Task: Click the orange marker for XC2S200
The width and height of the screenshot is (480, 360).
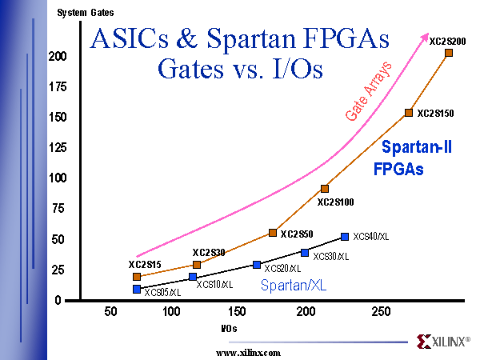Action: pyautogui.click(x=449, y=53)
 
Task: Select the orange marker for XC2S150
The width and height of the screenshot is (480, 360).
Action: pyautogui.click(x=409, y=113)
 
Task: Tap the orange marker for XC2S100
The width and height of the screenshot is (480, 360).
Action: pyautogui.click(x=325, y=189)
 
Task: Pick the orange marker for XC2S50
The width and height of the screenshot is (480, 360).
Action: pyautogui.click(x=273, y=233)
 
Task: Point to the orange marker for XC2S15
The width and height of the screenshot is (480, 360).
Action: pyautogui.click(x=137, y=277)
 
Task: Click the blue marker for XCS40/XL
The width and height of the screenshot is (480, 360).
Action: pyautogui.click(x=345, y=237)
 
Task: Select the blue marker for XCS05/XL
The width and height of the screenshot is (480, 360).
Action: pyautogui.click(x=137, y=289)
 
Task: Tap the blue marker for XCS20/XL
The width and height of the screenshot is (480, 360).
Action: pyautogui.click(x=257, y=265)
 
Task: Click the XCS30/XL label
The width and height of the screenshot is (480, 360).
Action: pyautogui.click(x=331, y=256)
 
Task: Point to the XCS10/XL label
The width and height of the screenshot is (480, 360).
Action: pyautogui.click(x=214, y=284)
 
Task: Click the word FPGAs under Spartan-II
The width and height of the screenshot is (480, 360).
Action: pyautogui.click(x=398, y=170)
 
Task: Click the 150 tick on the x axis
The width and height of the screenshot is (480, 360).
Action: pyautogui.click(x=237, y=311)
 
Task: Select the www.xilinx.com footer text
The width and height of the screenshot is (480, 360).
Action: pyautogui.click(x=249, y=352)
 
